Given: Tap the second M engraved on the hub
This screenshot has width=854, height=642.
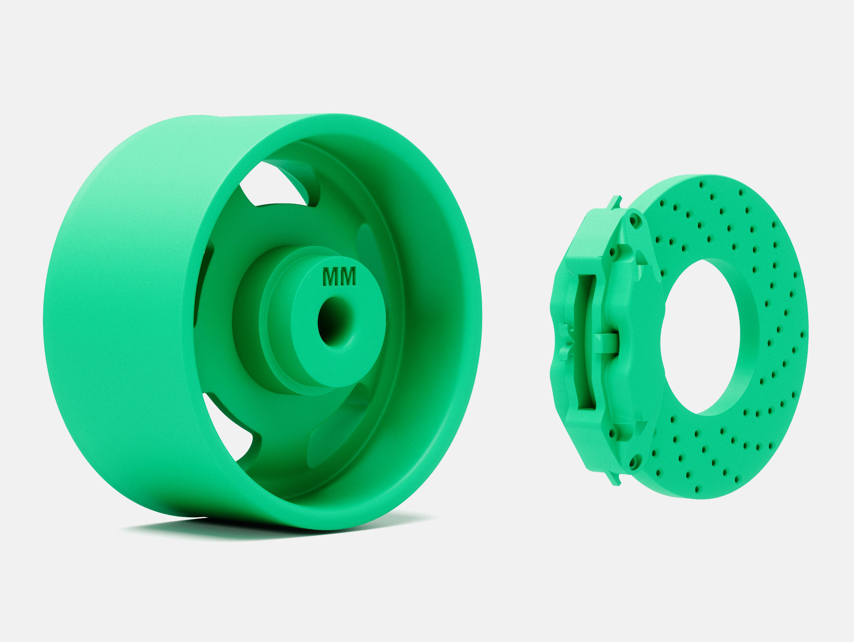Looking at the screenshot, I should click(x=348, y=277).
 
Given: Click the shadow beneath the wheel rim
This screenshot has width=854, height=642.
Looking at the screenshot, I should click(x=167, y=527).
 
